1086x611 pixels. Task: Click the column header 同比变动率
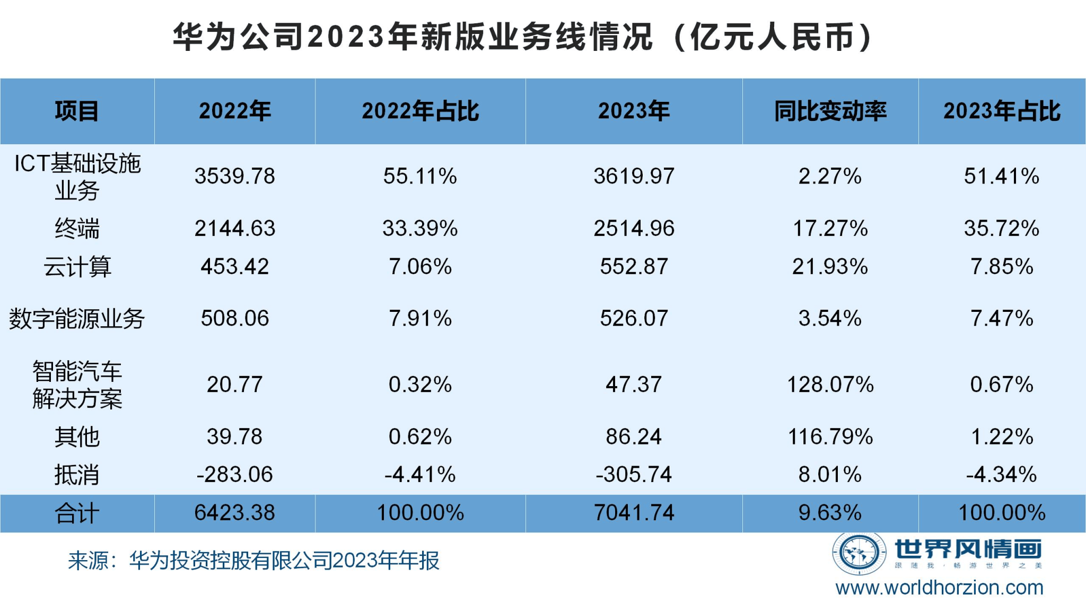(x=830, y=111)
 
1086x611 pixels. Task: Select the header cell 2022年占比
(x=420, y=111)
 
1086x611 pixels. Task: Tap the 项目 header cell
(x=77, y=111)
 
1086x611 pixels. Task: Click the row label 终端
(x=77, y=229)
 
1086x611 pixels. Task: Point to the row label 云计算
(x=77, y=267)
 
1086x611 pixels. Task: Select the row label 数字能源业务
(x=77, y=319)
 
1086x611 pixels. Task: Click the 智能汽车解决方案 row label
(x=77, y=385)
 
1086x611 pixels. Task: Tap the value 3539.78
(x=234, y=176)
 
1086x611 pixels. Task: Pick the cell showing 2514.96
(x=634, y=229)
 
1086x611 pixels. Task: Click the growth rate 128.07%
(x=830, y=385)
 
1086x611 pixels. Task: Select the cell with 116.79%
(x=830, y=437)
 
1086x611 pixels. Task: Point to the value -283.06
(x=234, y=475)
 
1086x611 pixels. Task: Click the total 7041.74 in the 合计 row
(x=634, y=513)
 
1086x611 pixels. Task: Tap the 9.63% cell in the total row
(x=830, y=513)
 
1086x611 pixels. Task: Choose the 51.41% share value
(x=1001, y=176)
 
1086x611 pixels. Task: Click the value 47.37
(x=634, y=385)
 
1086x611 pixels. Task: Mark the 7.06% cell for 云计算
(x=420, y=267)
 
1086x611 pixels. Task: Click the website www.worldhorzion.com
(x=939, y=588)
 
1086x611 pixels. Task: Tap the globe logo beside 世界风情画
(x=859, y=554)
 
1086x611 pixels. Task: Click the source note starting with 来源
(x=253, y=561)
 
